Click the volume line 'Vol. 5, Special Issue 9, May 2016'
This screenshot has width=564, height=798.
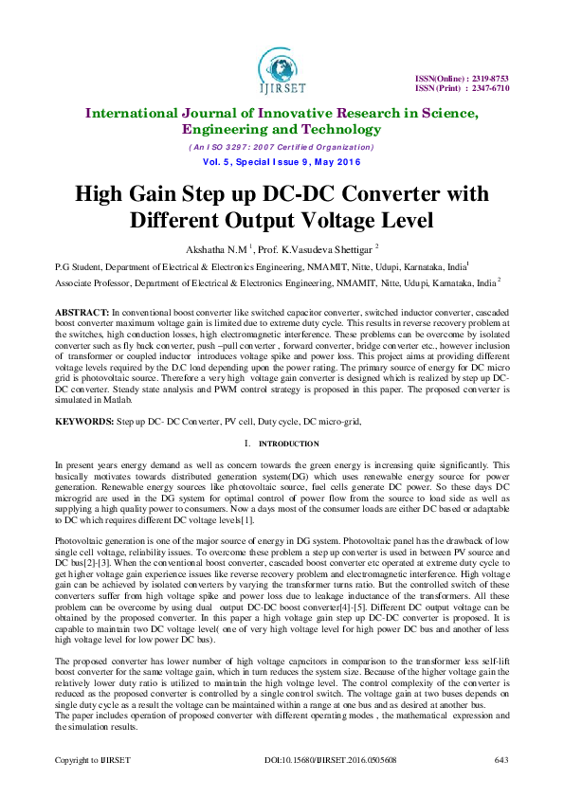282,162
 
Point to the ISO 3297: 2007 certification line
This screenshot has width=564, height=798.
282,147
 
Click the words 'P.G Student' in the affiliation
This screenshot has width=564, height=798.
78,267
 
